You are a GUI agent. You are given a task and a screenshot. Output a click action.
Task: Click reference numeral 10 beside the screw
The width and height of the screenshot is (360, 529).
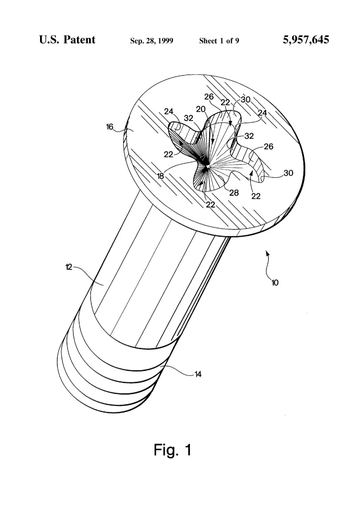(x=275, y=282)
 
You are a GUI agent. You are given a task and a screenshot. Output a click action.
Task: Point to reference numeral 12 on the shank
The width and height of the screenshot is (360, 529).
(x=68, y=267)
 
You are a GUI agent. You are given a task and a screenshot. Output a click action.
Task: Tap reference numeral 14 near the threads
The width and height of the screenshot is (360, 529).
(x=198, y=374)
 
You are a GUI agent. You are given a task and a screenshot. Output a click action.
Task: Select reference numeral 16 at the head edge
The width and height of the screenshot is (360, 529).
(x=110, y=127)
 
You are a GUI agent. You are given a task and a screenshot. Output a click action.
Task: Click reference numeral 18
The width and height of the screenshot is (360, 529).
(x=160, y=176)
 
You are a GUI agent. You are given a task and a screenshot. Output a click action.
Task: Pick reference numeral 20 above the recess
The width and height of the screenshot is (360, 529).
(x=201, y=109)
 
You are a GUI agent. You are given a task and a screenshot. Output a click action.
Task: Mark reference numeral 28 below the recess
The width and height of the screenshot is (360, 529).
(x=234, y=193)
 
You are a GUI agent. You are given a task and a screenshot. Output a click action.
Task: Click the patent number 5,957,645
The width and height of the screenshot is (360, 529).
(x=306, y=40)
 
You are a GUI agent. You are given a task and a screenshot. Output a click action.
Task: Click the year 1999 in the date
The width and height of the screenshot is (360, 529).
(x=165, y=41)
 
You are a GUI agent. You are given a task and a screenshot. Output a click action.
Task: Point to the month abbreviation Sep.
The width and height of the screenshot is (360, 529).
(x=137, y=41)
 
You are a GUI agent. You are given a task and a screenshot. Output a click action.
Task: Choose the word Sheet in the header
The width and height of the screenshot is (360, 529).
(x=208, y=41)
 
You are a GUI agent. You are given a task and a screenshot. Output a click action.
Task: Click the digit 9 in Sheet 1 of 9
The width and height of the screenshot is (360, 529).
(x=237, y=41)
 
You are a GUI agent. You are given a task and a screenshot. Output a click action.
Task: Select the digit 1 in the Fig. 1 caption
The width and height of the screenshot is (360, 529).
(x=188, y=450)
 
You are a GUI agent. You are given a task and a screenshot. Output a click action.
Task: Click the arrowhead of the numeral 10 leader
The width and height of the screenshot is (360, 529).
(x=268, y=253)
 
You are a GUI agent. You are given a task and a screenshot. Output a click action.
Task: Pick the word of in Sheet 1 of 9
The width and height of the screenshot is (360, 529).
(x=229, y=41)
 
